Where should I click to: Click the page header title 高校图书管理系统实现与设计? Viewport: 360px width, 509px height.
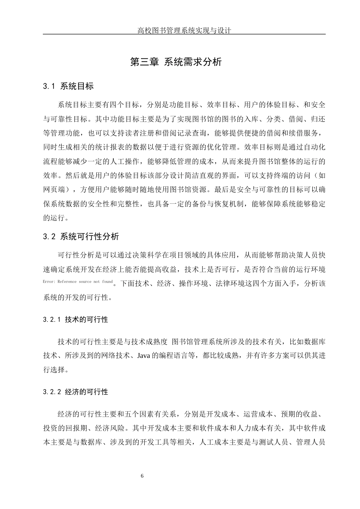click(x=184, y=31)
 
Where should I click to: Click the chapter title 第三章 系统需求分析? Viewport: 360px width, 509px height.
click(x=176, y=62)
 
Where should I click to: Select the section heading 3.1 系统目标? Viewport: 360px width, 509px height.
click(x=68, y=86)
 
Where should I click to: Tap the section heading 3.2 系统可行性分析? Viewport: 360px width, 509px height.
click(x=81, y=237)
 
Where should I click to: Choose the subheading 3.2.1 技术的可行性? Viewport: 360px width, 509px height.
click(x=76, y=320)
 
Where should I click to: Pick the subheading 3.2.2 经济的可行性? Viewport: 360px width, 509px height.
click(x=76, y=392)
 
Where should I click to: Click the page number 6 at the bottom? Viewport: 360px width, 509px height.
click(x=142, y=476)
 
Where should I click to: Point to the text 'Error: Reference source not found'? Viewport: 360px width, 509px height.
click(x=78, y=282)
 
